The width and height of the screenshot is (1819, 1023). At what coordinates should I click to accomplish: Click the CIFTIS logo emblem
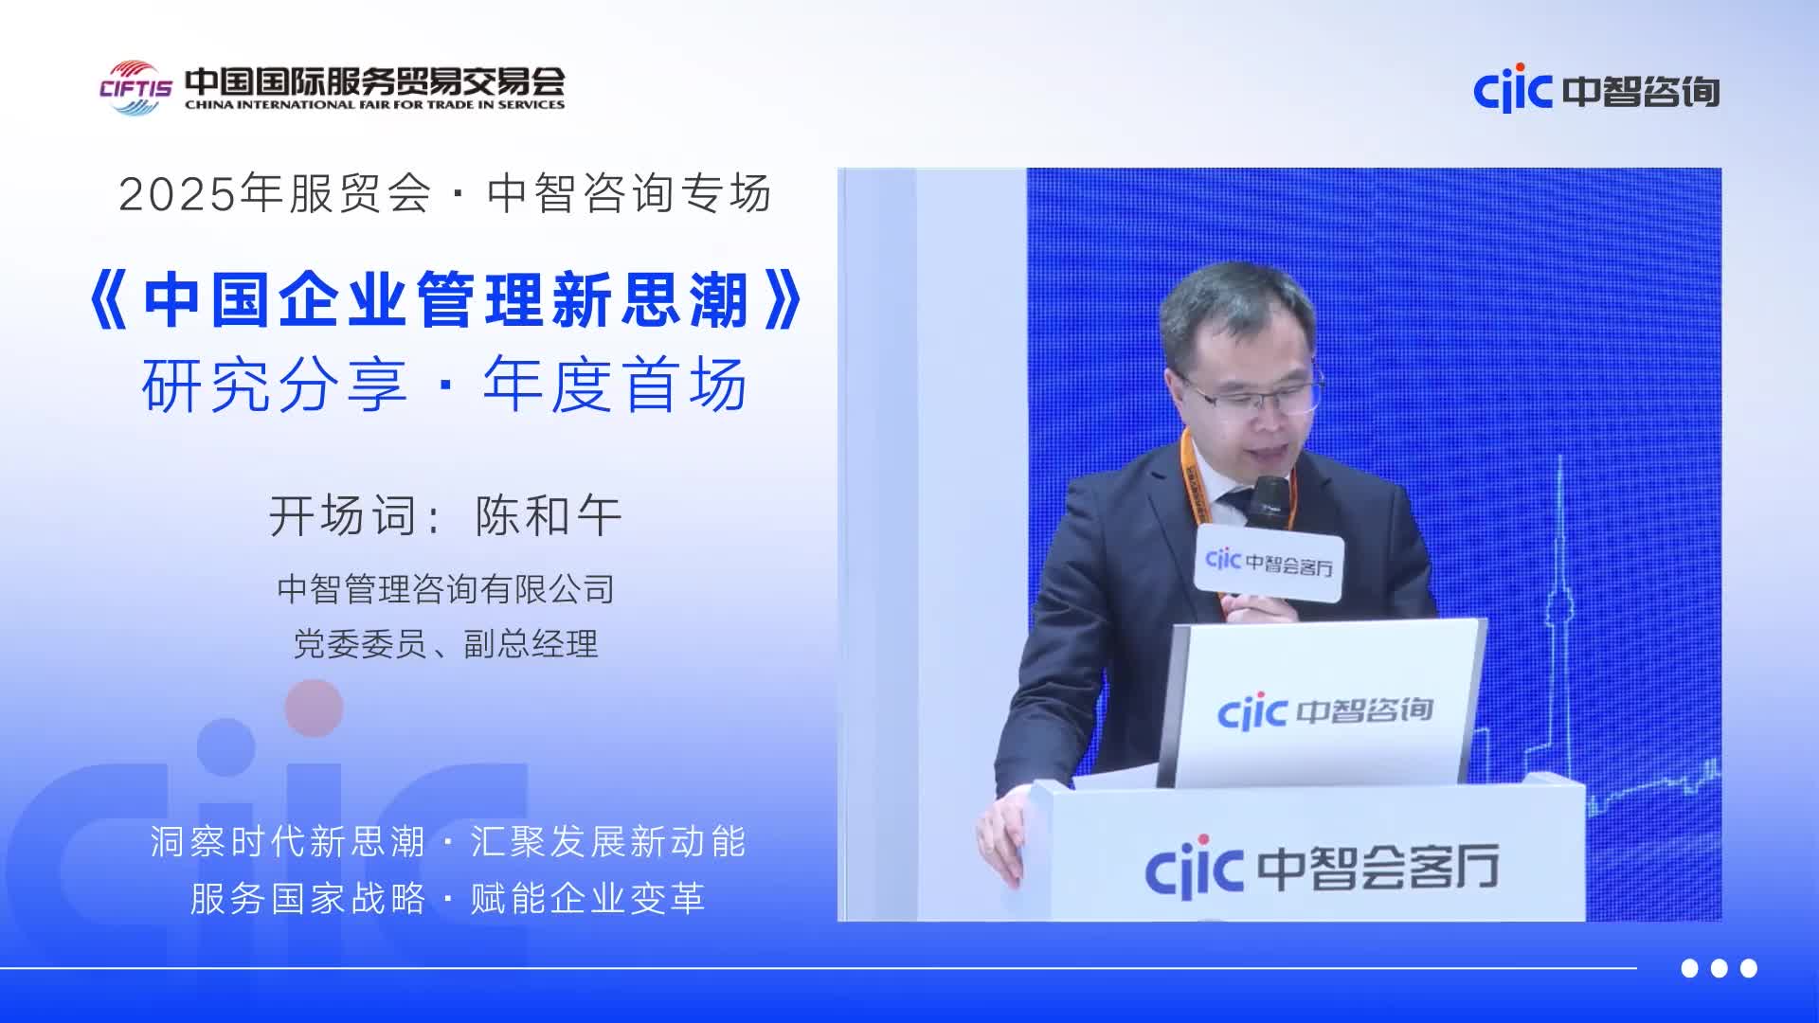click(136, 88)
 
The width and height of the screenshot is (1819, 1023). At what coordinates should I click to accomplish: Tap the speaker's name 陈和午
click(549, 516)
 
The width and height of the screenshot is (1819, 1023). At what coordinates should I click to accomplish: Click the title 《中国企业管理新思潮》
click(445, 300)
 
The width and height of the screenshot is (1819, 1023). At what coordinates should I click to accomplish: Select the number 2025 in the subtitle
click(177, 195)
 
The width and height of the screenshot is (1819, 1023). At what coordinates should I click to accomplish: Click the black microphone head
click(1270, 500)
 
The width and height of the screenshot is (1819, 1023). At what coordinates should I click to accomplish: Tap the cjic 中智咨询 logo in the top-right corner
click(1596, 90)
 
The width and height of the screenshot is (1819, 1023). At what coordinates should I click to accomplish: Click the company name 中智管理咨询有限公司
click(446, 589)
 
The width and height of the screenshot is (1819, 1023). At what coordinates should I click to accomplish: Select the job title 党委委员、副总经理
click(446, 644)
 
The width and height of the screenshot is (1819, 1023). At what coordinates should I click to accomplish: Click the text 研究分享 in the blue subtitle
click(275, 386)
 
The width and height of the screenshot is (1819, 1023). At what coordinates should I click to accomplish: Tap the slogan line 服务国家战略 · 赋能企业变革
click(447, 898)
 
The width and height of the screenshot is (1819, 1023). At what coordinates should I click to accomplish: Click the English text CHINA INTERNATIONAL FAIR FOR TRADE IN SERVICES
click(374, 105)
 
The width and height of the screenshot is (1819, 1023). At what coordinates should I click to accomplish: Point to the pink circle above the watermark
click(314, 708)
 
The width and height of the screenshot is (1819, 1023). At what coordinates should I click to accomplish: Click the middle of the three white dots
click(1720, 968)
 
